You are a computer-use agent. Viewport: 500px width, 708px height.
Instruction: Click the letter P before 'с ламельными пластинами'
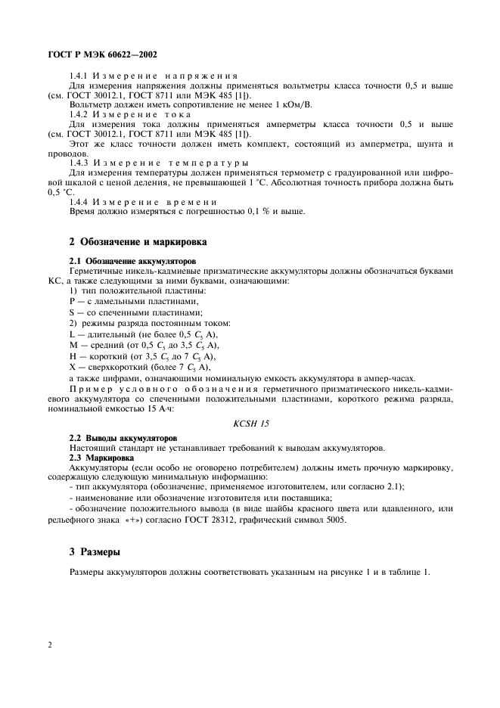(x=72, y=302)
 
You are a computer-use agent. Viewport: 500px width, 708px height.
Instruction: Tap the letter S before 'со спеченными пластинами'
(x=72, y=312)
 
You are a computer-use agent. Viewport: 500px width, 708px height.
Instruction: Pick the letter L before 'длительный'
(x=72, y=334)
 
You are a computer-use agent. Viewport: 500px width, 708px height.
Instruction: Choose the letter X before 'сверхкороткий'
(x=72, y=366)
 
